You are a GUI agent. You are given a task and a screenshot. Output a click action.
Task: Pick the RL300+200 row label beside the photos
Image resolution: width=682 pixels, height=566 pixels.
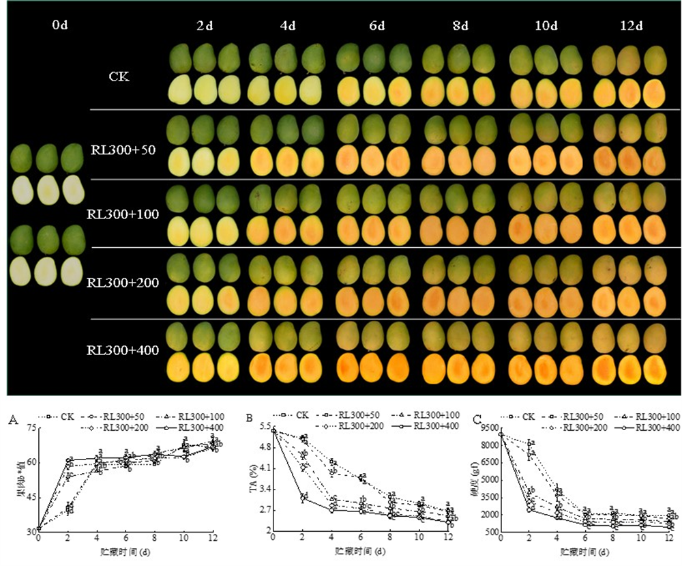point(123,282)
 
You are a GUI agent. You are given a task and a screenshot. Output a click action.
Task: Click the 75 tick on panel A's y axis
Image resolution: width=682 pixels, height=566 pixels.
point(31,428)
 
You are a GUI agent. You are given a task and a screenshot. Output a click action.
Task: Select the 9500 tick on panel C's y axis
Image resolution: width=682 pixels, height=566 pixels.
point(490,428)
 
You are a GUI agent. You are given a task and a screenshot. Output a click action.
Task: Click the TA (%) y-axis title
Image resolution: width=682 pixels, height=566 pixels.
point(250,479)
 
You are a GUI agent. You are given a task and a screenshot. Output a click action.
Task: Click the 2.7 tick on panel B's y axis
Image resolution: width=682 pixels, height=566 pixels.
point(261,509)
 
